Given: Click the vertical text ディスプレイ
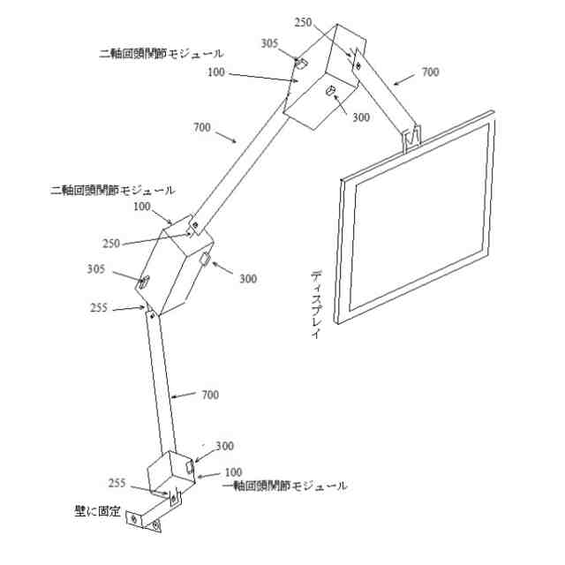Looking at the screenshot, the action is (316, 305).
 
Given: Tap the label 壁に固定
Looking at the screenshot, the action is (98, 511).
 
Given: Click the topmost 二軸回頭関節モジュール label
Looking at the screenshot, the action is (161, 53).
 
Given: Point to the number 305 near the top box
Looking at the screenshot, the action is (271, 43).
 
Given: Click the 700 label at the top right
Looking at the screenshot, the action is (430, 73).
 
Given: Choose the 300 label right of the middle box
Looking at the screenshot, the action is (248, 279).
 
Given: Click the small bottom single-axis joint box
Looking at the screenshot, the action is (171, 476).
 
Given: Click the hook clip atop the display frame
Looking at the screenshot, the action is (412, 137).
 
